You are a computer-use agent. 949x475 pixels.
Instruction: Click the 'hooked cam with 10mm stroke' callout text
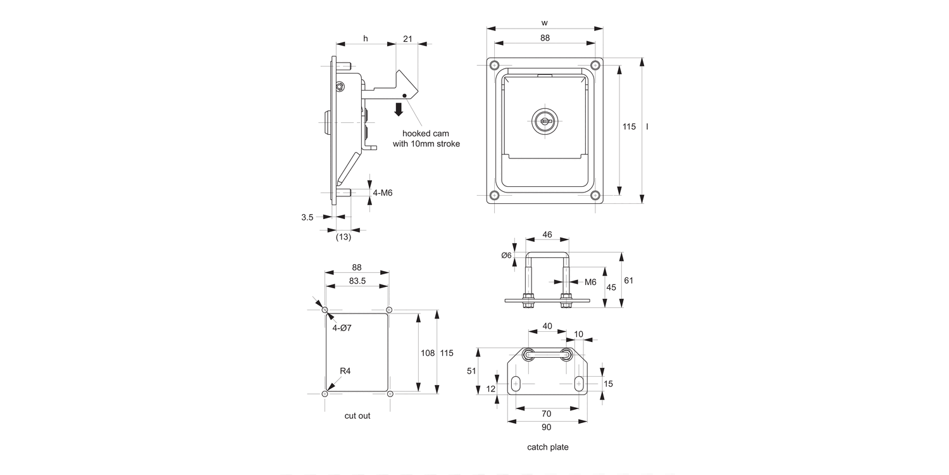pyautogui.click(x=430, y=139)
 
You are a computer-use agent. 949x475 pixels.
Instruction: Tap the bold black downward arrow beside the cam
pyautogui.click(x=399, y=108)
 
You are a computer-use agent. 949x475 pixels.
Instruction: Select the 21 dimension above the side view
pyautogui.click(x=407, y=39)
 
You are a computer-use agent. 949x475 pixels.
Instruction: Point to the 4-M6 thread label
pyautogui.click(x=383, y=193)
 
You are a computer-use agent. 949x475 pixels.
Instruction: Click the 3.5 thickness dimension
pyautogui.click(x=307, y=217)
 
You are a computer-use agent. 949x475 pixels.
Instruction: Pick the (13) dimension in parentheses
pyautogui.click(x=343, y=237)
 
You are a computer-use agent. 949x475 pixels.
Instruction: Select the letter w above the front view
pyautogui.click(x=545, y=23)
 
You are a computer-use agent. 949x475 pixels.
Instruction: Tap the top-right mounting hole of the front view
pyautogui.click(x=594, y=65)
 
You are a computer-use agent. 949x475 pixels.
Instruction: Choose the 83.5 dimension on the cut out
pyautogui.click(x=356, y=281)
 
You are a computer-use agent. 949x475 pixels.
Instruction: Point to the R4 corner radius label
pyautogui.click(x=345, y=371)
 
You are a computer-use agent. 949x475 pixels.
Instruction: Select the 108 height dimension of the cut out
pyautogui.click(x=427, y=353)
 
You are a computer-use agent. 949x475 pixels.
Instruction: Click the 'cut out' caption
pyautogui.click(x=357, y=416)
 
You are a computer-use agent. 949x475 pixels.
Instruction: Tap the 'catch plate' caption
pyautogui.click(x=548, y=447)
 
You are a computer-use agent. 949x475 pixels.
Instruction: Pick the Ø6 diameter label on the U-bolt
pyautogui.click(x=506, y=255)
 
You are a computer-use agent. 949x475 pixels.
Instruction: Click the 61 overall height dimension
pyautogui.click(x=628, y=281)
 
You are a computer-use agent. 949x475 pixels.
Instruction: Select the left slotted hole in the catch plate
pyautogui.click(x=516, y=384)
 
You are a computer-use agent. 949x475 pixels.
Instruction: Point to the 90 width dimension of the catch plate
pyautogui.click(x=547, y=427)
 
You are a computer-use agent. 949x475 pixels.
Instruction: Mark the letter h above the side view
pyautogui.click(x=365, y=39)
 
